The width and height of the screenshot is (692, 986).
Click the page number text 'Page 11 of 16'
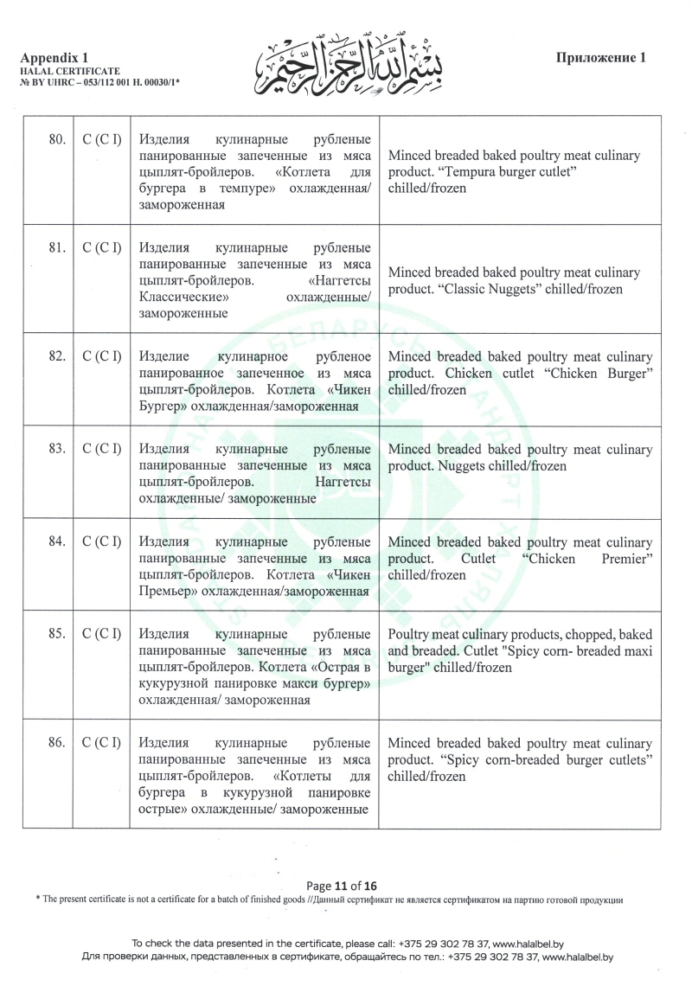343,886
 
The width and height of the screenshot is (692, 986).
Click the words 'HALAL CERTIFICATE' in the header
68,69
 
